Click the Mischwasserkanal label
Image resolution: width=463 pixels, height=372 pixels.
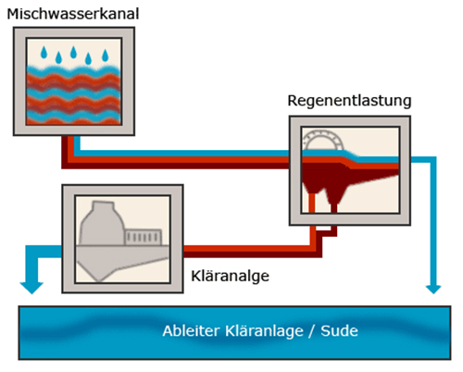click(73, 14)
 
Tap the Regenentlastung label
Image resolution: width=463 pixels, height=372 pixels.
click(349, 101)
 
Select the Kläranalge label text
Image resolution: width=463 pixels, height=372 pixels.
click(230, 276)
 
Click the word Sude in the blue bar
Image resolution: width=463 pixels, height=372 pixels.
click(339, 331)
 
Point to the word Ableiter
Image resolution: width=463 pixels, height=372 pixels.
click(192, 331)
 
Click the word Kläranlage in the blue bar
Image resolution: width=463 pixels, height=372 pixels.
click(264, 331)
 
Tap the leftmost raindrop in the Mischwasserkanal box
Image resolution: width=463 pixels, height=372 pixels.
click(44, 52)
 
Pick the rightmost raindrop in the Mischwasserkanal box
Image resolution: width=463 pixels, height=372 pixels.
click(106, 56)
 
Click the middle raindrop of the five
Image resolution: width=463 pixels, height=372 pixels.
click(73, 52)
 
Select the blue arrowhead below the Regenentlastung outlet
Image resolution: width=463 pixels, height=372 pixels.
click(433, 289)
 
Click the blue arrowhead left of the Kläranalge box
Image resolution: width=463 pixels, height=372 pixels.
click(31, 288)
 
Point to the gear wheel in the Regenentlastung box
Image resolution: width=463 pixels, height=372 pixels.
click(323, 140)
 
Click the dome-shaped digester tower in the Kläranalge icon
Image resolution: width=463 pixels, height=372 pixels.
click(102, 224)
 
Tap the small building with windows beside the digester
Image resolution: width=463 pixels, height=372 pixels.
click(144, 237)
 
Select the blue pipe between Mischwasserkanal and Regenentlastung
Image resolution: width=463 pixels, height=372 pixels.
click(182, 154)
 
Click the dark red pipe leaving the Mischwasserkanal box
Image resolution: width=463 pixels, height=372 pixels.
click(176, 166)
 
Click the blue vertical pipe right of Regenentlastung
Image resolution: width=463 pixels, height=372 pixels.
click(433, 221)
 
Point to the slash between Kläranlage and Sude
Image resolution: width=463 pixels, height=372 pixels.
click(312, 331)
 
